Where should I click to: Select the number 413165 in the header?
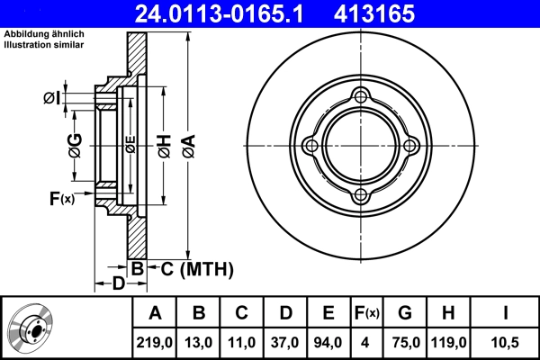[400, 13]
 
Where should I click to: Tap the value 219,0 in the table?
[155, 342]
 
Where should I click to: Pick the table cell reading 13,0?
[199, 342]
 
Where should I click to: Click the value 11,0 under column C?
[242, 342]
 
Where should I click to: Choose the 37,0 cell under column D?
[285, 342]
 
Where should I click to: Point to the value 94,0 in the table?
[328, 342]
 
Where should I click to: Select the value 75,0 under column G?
[405, 342]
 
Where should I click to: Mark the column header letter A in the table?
[155, 313]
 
